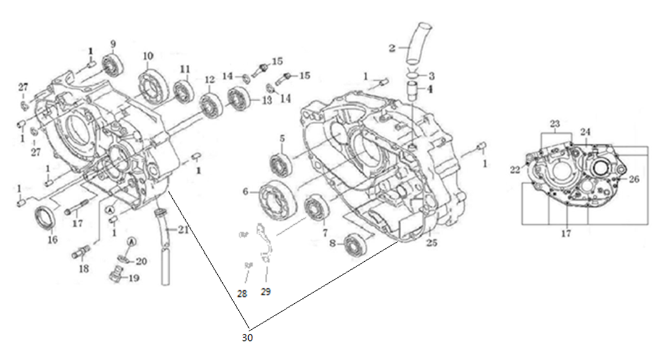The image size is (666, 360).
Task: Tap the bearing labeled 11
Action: [183, 91]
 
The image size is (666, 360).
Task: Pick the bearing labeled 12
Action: [211, 103]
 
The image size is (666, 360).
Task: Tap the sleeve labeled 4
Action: [412, 90]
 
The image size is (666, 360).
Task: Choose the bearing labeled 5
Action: [280, 165]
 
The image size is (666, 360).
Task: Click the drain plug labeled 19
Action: [115, 274]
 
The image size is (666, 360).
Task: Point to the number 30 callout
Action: [248, 338]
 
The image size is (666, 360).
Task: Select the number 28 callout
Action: [243, 294]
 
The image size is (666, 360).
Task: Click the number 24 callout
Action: [585, 132]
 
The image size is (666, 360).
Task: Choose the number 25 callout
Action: [431, 243]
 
